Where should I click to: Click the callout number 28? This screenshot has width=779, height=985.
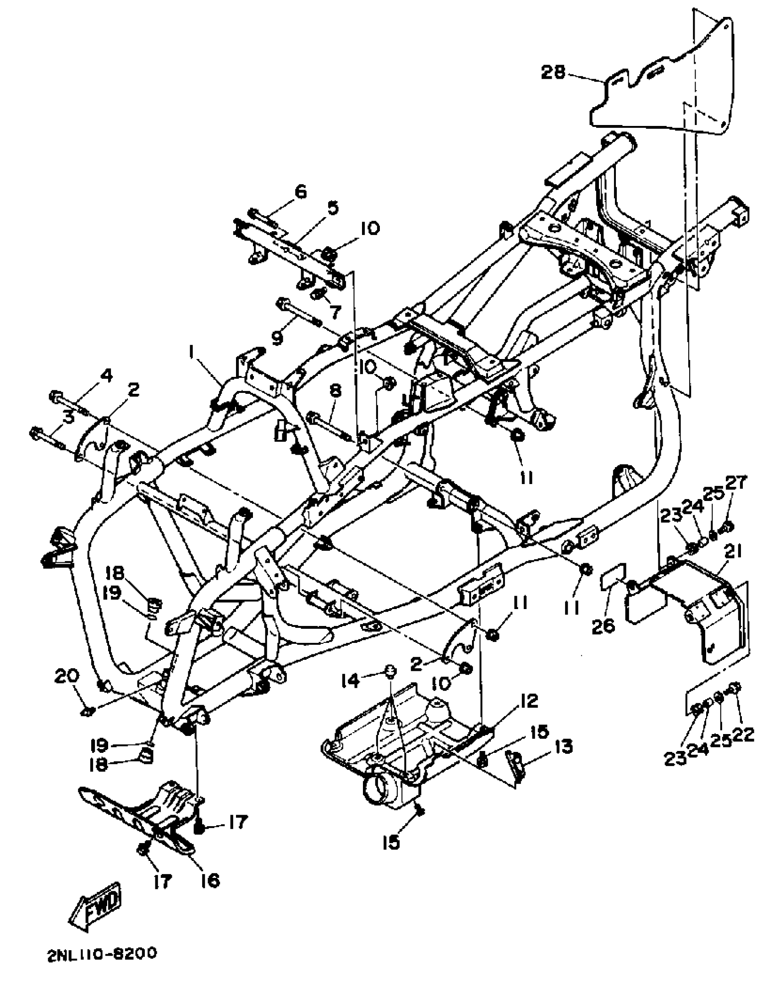click(x=553, y=72)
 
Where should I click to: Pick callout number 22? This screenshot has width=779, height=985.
click(x=746, y=736)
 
